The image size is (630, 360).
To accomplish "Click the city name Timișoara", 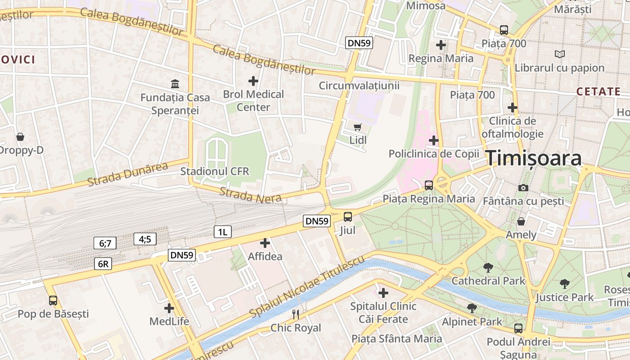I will pyautogui.click(x=534, y=158).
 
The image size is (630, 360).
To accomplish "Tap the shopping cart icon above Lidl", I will pyautogui.click(x=357, y=127).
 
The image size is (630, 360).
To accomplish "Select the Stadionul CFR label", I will pyautogui.click(x=215, y=171).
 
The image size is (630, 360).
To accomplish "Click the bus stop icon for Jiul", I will pyautogui.click(x=348, y=217).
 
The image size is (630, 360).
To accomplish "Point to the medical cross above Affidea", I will pyautogui.click(x=265, y=243).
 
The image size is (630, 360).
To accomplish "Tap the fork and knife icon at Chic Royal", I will pyautogui.click(x=296, y=314).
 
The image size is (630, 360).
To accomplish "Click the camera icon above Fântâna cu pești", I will pyautogui.click(x=523, y=188).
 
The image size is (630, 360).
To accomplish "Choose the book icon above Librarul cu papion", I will pyautogui.click(x=559, y=54).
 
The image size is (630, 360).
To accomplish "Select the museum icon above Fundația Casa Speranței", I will pyautogui.click(x=175, y=84).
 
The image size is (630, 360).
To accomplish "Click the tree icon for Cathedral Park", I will pyautogui.click(x=488, y=268).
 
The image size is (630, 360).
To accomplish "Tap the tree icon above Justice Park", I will pyautogui.click(x=564, y=284).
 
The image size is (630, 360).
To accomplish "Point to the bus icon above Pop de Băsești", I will pyautogui.click(x=53, y=300).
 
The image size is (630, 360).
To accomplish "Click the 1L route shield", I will pyautogui.click(x=222, y=232).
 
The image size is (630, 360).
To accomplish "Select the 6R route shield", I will pyautogui.click(x=103, y=264).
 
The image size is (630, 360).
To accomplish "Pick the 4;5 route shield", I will pyautogui.click(x=145, y=239).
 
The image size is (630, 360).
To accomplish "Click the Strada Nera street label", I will pyautogui.click(x=250, y=195).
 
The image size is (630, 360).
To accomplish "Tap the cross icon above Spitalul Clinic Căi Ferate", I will pyautogui.click(x=383, y=293).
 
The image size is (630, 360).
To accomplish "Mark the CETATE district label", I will pyautogui.click(x=598, y=92).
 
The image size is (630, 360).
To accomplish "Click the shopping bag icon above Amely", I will pyautogui.click(x=521, y=221).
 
